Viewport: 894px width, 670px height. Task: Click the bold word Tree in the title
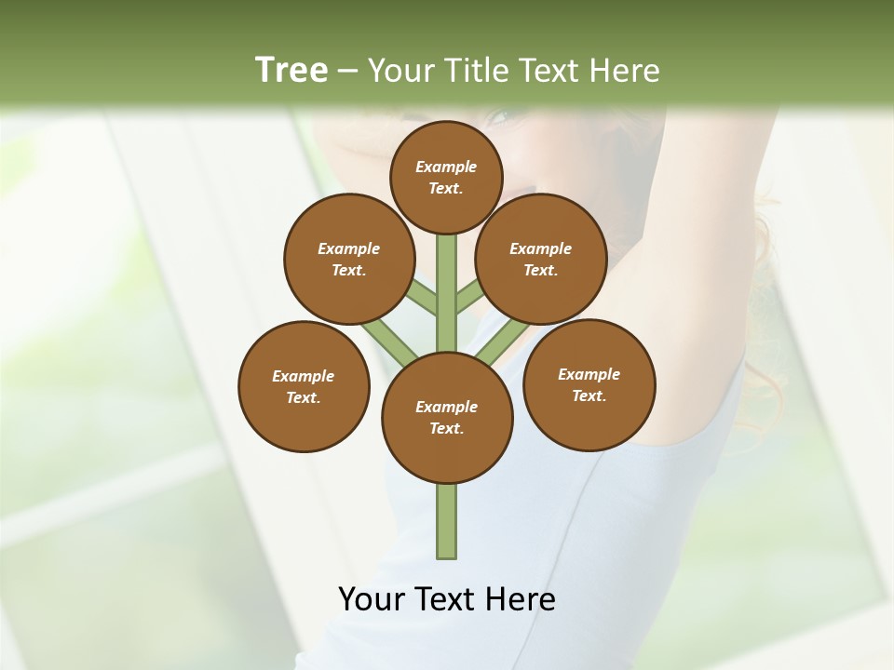coord(291,70)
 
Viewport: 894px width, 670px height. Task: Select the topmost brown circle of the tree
coord(446,177)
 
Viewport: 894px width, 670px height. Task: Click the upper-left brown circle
coord(348,259)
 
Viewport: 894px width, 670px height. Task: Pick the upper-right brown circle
coord(540,259)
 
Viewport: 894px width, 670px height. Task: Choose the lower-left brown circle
coord(304,386)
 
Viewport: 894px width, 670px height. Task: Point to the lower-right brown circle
coord(589,384)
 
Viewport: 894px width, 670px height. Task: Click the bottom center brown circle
coord(447,417)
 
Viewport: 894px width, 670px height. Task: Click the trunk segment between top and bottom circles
coord(447,293)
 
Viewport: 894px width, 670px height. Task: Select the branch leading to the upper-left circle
coord(422,298)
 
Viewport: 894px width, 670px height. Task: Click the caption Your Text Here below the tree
coord(447,599)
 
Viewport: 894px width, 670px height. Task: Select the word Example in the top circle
coord(446,167)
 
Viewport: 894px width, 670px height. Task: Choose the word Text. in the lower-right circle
coord(589,395)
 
